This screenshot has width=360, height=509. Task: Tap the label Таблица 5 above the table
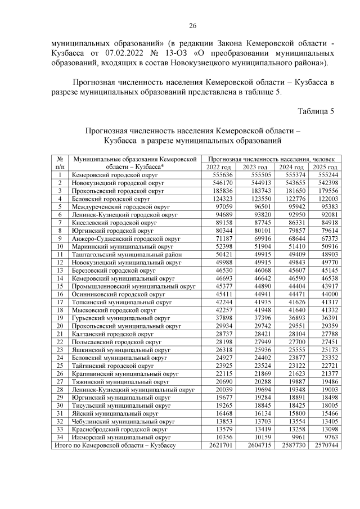click(316, 111)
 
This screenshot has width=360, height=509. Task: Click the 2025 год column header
click(325, 167)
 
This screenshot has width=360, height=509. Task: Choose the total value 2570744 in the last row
click(325, 444)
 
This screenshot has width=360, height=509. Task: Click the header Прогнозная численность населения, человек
click(271, 159)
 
